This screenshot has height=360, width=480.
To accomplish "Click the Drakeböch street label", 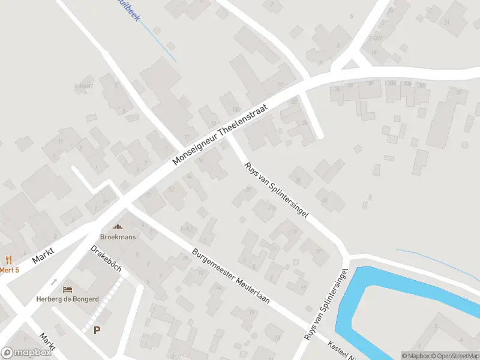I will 106,259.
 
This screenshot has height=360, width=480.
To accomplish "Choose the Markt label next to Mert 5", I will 43,257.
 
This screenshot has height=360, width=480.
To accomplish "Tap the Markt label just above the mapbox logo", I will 47,342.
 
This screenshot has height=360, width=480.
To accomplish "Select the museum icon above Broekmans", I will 117,227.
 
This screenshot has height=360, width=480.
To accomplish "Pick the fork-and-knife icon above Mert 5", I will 8,260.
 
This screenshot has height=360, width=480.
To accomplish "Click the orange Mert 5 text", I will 9,270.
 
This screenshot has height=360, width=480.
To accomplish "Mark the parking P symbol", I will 97,329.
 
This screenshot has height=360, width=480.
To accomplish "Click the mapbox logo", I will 26,353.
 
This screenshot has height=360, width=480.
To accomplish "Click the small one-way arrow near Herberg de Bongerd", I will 54,281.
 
